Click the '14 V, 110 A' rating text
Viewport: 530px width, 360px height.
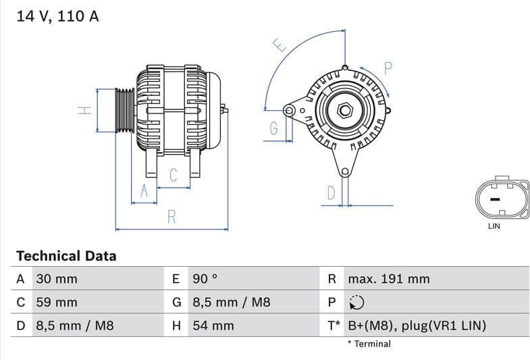point(57,16)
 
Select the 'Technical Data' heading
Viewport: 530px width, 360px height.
point(66,256)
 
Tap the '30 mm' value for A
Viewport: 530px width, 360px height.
point(56,279)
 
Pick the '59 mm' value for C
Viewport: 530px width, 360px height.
point(56,303)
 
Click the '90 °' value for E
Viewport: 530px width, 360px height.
point(205,279)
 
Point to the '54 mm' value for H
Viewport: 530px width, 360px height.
point(213,326)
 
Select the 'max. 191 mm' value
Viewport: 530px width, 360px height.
point(388,279)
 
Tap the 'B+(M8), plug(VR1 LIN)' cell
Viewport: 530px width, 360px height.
point(417,326)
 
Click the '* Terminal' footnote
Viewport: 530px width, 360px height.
point(369,344)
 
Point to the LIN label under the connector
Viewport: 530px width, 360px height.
point(494,226)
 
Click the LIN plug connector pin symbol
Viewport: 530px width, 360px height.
point(494,199)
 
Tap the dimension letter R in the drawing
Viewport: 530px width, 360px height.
point(171,217)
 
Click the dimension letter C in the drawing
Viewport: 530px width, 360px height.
point(173,176)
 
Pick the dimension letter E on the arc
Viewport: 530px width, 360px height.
point(280,45)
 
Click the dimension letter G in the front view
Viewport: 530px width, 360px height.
point(274,128)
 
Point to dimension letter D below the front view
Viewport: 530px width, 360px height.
point(331,193)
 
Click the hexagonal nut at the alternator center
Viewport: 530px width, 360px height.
point(345,109)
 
